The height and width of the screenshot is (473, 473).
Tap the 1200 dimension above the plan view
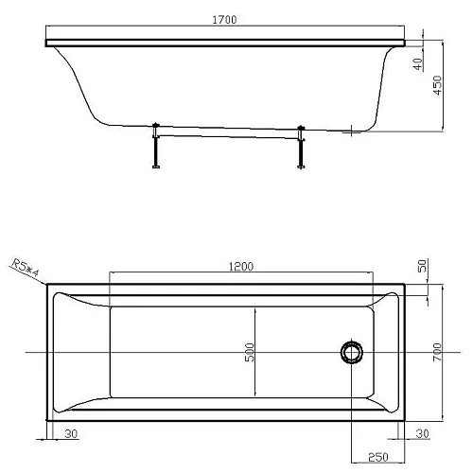[x=241, y=267]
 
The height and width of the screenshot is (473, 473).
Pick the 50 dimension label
[x=422, y=268]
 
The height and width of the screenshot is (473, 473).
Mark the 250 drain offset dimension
[x=376, y=457]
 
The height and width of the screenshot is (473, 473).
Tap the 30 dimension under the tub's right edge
[x=422, y=434]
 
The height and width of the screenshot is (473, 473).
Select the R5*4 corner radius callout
[x=26, y=268]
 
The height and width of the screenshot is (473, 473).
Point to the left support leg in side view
[x=153, y=148]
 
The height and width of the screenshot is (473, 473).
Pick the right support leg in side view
[x=301, y=148]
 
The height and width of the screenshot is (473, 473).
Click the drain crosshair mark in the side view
[x=352, y=131]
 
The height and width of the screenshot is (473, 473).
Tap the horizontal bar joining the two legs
[x=227, y=136]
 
